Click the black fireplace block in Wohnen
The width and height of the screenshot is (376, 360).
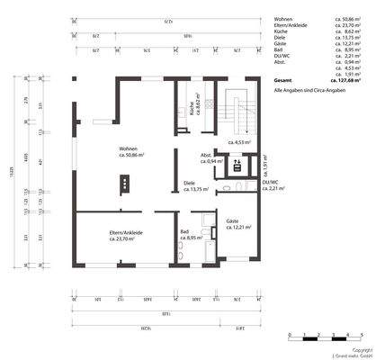point(124,183)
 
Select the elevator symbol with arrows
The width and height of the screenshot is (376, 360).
point(238,165)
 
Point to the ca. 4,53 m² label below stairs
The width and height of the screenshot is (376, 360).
point(240,142)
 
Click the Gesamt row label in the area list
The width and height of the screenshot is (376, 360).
point(285,80)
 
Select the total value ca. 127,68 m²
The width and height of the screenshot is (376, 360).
point(349,80)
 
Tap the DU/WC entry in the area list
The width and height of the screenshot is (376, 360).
point(285,55)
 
